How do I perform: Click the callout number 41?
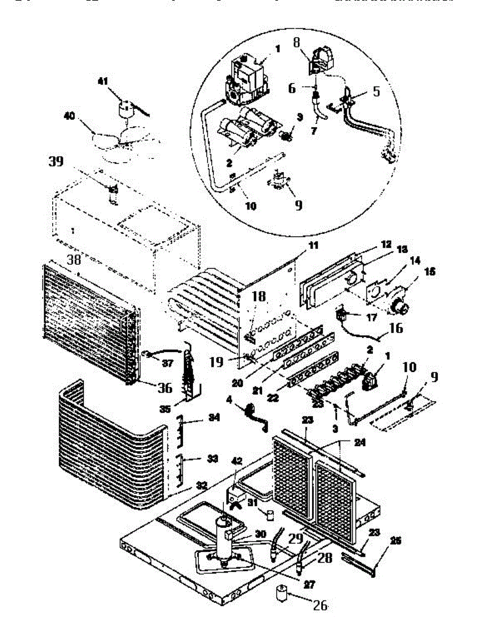point(103,81)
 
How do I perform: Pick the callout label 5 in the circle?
point(377,91)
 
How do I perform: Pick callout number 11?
point(313,246)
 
